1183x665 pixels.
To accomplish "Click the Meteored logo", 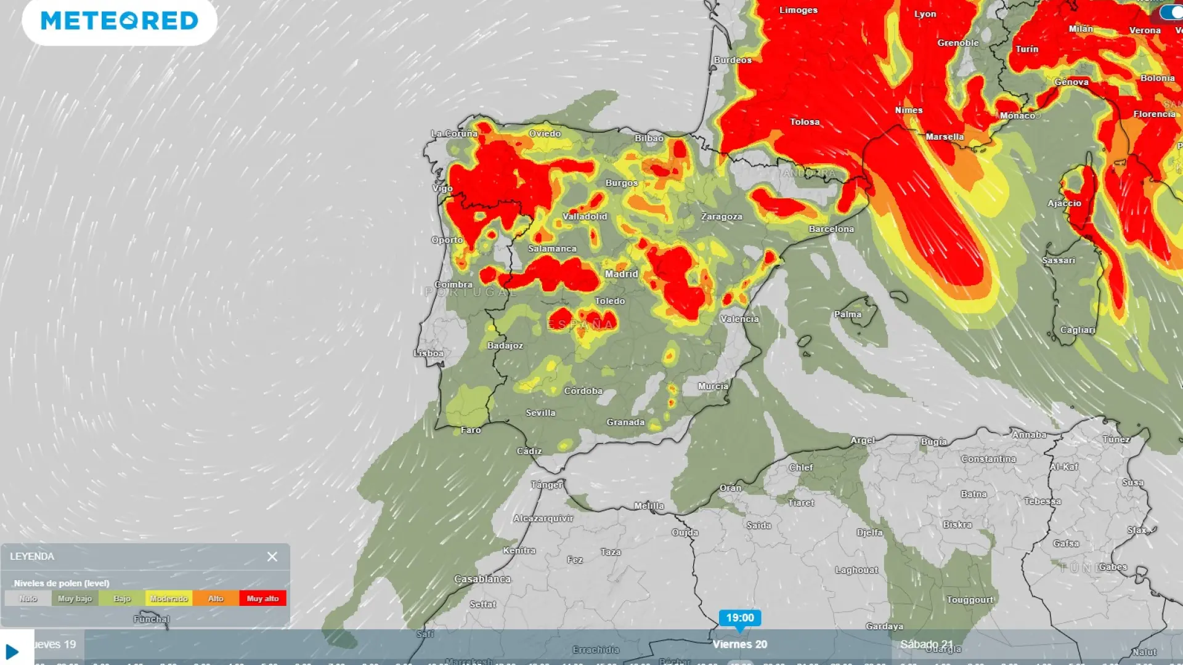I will coord(120,21).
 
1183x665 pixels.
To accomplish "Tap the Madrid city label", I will coord(621,274).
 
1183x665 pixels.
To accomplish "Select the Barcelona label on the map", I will coord(831,229).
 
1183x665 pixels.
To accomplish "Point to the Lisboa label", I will coord(428,353).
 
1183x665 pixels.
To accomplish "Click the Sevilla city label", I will coord(540,413).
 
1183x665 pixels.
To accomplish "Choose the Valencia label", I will coord(739,319).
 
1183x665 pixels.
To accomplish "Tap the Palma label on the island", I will coord(847,315).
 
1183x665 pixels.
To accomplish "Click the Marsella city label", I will coord(944,137).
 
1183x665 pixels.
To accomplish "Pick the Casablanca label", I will coord(482,579).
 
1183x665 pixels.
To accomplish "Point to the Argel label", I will coord(862,440).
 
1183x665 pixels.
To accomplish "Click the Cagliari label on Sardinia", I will coord(1077,330).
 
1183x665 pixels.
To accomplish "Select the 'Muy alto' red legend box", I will coord(262,598).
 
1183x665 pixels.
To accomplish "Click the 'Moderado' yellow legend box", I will coord(169,598).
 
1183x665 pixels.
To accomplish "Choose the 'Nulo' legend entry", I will coord(28,598).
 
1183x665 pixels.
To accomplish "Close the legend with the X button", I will coord(272,557).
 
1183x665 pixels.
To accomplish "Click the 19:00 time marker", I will coord(739,618).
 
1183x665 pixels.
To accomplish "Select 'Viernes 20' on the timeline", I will coord(739,645).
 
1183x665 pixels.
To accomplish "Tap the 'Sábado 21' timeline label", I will coord(926,645).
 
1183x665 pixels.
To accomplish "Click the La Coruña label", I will coord(454,134).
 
